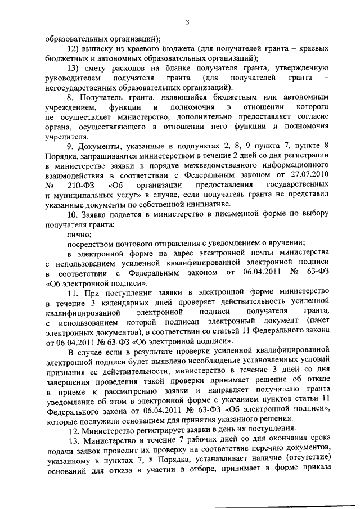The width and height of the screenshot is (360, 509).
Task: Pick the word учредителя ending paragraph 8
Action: click(66, 136)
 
